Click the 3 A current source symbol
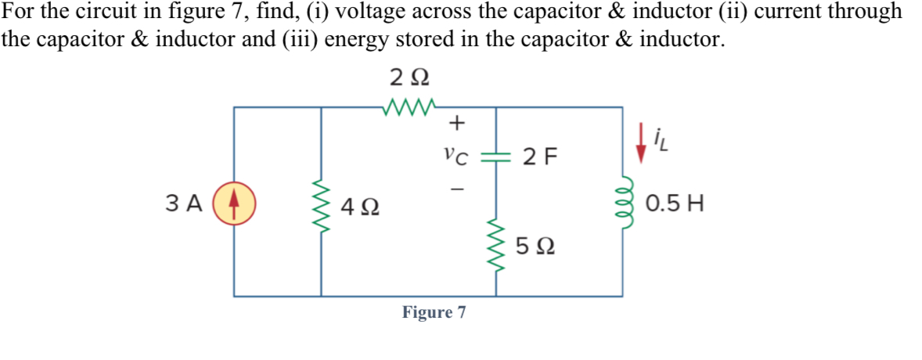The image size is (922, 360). (234, 203)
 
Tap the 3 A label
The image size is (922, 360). (185, 203)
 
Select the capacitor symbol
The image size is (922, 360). (495, 157)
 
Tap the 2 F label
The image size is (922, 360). (541, 157)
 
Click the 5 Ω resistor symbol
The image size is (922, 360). (495, 245)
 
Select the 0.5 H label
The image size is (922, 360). (675, 205)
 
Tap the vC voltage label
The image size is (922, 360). (456, 156)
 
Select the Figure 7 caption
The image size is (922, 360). (434, 312)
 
